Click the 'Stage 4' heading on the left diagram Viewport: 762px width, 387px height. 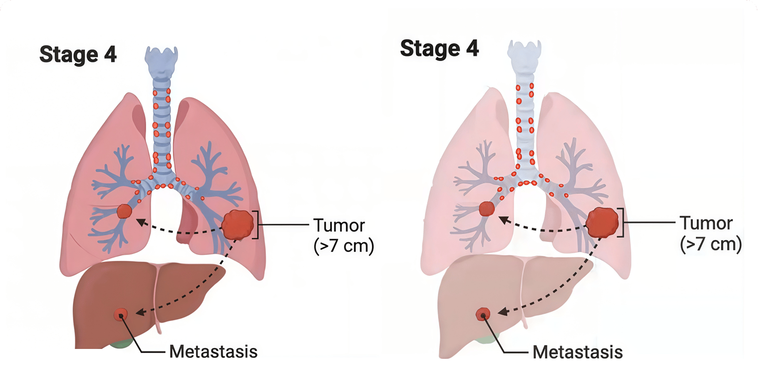click(78, 54)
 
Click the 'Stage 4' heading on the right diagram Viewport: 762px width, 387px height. click(439, 48)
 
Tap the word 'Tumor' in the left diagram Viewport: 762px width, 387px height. click(339, 225)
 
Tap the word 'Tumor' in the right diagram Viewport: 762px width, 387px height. click(706, 223)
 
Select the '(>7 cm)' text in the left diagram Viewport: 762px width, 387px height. click(343, 246)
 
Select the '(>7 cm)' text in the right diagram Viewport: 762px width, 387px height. click(711, 244)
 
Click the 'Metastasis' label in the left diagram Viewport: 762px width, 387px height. click(213, 351)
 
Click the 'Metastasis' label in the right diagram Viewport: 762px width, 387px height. click(577, 352)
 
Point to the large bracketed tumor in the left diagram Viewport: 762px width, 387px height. click(238, 224)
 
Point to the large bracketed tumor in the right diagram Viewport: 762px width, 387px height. click(602, 222)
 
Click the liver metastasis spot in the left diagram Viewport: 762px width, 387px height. click(121, 314)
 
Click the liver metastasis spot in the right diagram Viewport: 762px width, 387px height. click(483, 314)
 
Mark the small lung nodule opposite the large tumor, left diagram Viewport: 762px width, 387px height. click(124, 211)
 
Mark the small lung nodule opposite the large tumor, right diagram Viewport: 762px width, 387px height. click(487, 209)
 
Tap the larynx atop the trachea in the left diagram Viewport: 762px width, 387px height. click(161, 61)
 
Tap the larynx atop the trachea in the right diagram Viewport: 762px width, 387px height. click(524, 55)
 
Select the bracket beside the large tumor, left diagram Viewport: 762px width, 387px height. click(257, 225)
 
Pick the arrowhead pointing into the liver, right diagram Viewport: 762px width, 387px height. click(502, 311)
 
